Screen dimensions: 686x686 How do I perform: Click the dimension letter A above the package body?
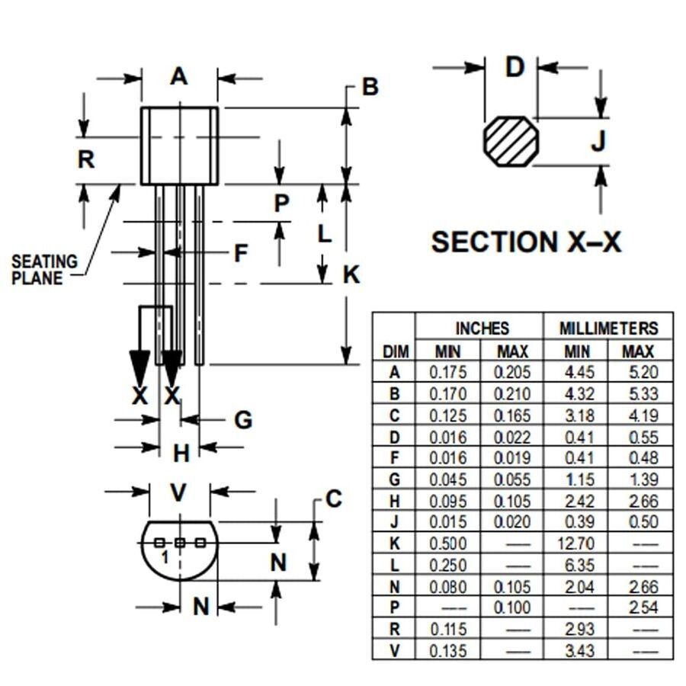pyautogui.click(x=178, y=76)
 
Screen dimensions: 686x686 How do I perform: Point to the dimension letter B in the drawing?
pyautogui.click(x=370, y=87)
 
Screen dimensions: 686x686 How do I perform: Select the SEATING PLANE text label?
pyautogui.click(x=44, y=270)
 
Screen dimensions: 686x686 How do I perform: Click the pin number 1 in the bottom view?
pyautogui.click(x=164, y=557)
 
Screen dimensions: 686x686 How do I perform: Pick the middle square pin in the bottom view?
pyautogui.click(x=180, y=543)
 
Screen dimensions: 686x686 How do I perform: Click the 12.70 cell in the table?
pyautogui.click(x=576, y=544)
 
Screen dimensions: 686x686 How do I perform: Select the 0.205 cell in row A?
pyautogui.click(x=512, y=373)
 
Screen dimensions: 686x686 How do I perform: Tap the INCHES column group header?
pyautogui.click(x=481, y=329)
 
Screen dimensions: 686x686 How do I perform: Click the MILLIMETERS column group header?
pyautogui.click(x=608, y=329)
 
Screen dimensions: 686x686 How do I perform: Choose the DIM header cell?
pyautogui.click(x=395, y=351)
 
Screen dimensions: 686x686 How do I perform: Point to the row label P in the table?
pyautogui.click(x=395, y=608)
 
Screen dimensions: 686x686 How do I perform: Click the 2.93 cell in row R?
pyautogui.click(x=576, y=630)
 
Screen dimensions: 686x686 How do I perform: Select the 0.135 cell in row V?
pyautogui.click(x=448, y=651)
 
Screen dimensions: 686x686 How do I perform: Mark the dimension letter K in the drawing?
pyautogui.click(x=351, y=274)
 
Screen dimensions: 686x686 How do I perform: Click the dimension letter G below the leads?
pyautogui.click(x=242, y=419)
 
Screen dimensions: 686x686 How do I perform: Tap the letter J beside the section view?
pyautogui.click(x=599, y=141)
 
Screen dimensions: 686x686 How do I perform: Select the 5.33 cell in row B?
pyautogui.click(x=639, y=395)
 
